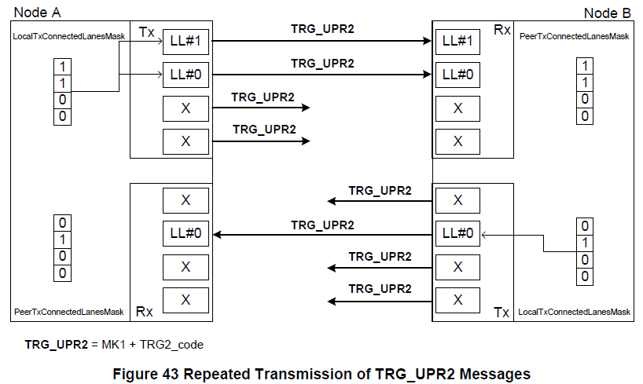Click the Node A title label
pos(37,13)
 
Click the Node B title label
pos(607,13)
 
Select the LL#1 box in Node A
pos(186,42)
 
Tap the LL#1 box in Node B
pos(457,42)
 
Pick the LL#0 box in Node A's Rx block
pos(186,233)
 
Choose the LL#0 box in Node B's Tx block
pos(457,233)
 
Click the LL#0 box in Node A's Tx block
pos(186,75)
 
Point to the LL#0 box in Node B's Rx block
pos(457,75)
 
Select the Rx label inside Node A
pos(144,312)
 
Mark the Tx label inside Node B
pos(502,312)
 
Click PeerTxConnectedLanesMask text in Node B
pos(575,37)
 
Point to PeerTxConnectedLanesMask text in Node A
pos(69,313)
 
